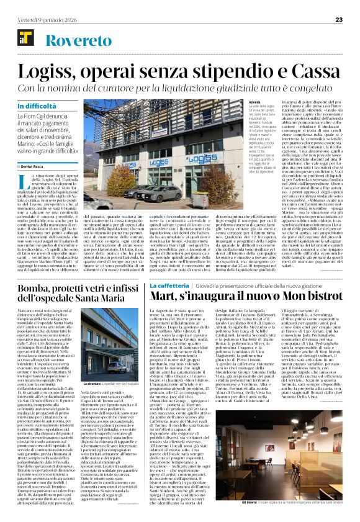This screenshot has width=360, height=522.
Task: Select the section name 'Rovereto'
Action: point(71,42)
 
